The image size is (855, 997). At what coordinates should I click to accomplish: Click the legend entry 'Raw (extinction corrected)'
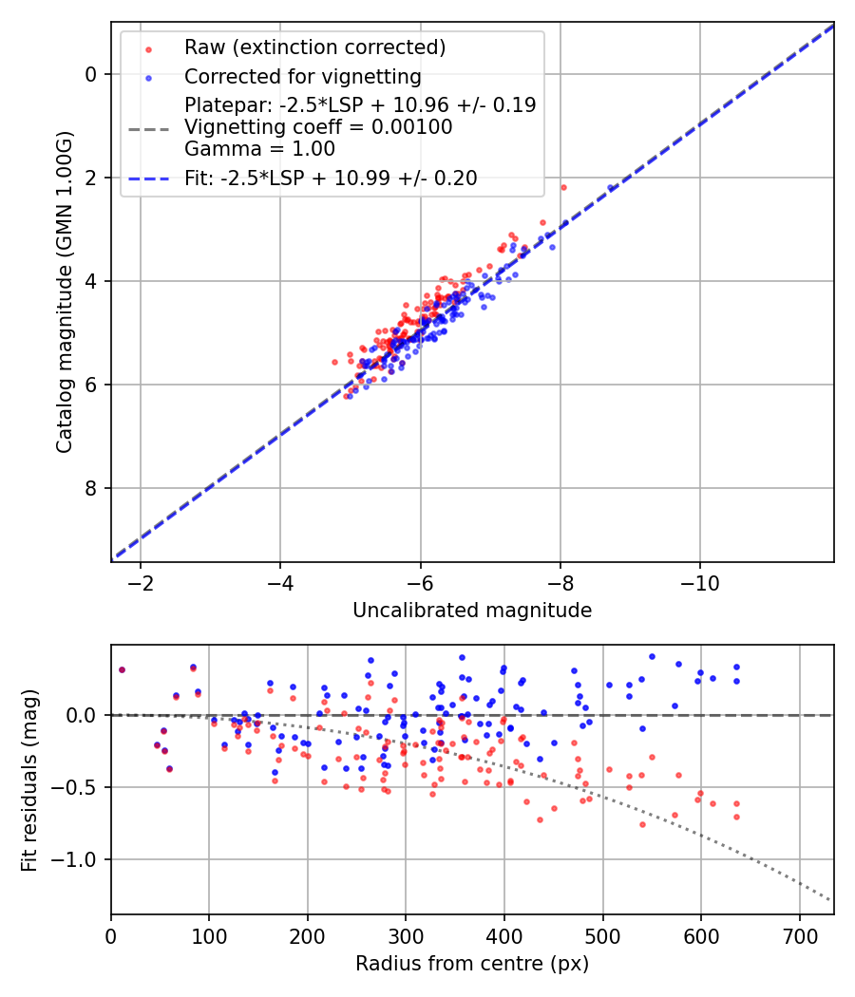point(314,47)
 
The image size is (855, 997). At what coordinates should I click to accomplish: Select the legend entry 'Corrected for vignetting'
point(302,76)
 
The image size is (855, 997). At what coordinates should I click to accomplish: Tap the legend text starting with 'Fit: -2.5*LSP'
point(331,178)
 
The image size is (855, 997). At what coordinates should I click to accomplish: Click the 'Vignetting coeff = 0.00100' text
point(318,126)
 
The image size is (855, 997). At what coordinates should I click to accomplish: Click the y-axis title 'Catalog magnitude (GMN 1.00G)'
point(64,292)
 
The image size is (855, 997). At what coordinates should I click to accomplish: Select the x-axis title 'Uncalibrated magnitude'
point(472,611)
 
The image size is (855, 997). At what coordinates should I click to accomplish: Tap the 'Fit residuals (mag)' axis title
point(29,779)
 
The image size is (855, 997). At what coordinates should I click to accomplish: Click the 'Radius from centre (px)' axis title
point(472,964)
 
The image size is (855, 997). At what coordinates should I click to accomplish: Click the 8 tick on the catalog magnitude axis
point(92,488)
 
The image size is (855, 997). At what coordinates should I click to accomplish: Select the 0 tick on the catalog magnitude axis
point(92,74)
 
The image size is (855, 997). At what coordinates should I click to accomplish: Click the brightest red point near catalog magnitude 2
point(563,187)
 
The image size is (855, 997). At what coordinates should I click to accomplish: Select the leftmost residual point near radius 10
point(122,669)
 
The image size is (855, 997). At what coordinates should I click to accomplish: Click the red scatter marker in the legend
point(147,48)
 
